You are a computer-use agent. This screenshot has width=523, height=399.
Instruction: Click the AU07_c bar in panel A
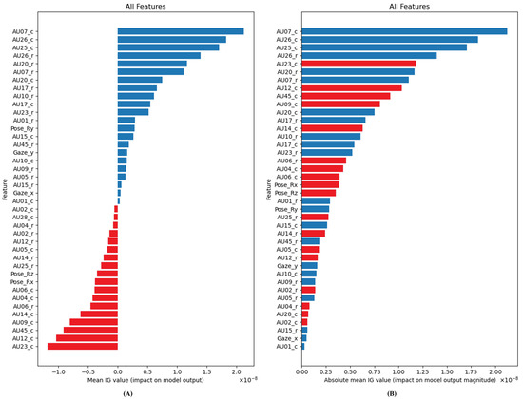(181, 31)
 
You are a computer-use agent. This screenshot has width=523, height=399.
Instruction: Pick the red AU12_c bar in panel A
(87, 337)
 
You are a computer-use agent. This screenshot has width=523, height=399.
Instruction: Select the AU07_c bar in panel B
(404, 31)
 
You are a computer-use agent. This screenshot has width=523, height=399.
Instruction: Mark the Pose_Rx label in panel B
(284, 183)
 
